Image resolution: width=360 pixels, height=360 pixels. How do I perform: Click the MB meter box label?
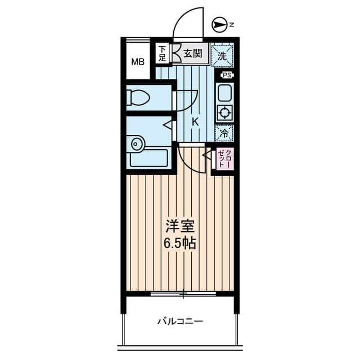click(x=138, y=62)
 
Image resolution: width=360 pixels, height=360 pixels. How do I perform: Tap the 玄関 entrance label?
click(x=192, y=54)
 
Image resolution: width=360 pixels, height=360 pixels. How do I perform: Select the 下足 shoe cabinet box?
click(x=163, y=54)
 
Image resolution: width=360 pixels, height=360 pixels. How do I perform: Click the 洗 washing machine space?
click(x=222, y=56)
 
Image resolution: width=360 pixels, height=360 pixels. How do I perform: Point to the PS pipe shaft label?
click(x=227, y=75)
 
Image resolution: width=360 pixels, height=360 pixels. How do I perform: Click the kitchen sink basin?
click(x=224, y=93)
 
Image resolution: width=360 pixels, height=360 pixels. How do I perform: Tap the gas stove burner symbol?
click(x=225, y=113)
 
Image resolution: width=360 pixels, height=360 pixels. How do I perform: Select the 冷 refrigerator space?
click(x=224, y=133)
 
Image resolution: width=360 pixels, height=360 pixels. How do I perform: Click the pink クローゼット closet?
click(x=225, y=159)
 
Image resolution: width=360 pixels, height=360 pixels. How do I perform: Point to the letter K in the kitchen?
click(x=195, y=122)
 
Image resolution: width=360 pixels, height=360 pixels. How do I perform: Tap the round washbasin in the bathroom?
click(x=137, y=144)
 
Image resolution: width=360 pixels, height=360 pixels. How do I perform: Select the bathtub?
click(x=149, y=158)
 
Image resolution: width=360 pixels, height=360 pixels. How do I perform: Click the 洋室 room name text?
click(x=180, y=227)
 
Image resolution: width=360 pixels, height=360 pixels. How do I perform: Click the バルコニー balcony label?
click(x=180, y=321)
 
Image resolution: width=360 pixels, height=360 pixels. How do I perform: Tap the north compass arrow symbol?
click(x=218, y=25)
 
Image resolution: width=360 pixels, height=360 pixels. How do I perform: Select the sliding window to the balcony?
click(x=183, y=294)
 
